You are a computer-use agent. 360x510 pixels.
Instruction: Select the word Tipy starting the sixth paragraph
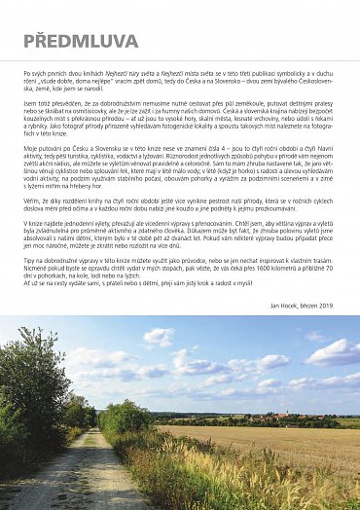[x=31, y=261]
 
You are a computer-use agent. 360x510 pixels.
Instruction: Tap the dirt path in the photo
[x=73, y=477]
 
